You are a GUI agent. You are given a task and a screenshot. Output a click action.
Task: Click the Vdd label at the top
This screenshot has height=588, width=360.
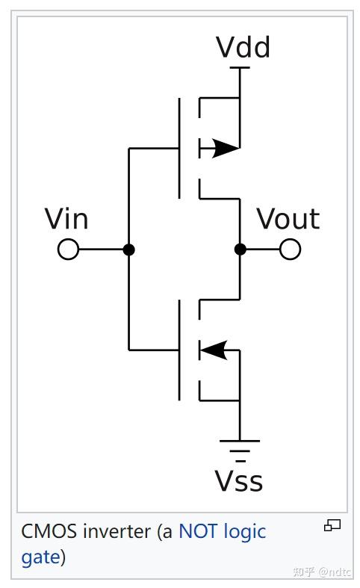(x=243, y=47)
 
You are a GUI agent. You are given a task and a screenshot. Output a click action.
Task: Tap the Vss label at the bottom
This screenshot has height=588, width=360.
(x=239, y=481)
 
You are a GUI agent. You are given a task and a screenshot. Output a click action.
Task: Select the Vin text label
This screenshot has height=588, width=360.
(x=66, y=219)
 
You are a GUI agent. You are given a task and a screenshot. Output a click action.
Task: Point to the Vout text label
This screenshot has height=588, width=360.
(x=288, y=219)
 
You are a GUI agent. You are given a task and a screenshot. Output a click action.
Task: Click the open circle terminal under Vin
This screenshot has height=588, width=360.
(x=68, y=250)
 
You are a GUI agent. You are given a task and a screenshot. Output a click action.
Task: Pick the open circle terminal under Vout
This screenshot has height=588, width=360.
(x=291, y=250)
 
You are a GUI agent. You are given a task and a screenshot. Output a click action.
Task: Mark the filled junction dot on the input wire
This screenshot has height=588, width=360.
(x=128, y=250)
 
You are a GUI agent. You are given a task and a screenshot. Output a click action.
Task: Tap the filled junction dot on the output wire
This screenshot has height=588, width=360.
(x=240, y=250)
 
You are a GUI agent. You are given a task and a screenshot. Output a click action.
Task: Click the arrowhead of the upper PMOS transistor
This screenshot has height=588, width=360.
(x=224, y=148)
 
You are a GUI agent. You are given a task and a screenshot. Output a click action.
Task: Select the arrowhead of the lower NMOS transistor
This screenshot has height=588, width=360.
(x=214, y=349)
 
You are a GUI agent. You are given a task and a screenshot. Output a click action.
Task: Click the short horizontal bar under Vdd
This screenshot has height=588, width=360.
(x=240, y=68)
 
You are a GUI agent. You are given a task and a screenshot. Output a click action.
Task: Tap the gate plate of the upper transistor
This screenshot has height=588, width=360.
(x=180, y=148)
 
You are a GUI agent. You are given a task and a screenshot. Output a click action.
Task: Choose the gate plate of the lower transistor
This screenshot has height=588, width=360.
(x=180, y=349)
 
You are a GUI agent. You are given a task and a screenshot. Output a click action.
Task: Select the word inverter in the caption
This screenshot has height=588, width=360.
(x=116, y=532)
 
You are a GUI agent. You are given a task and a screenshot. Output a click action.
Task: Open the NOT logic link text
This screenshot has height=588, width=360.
(x=222, y=532)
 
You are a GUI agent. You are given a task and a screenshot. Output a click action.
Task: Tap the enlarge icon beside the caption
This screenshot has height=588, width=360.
(x=332, y=526)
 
